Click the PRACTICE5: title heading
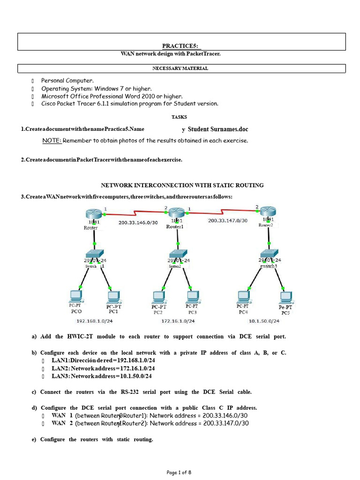(181, 45)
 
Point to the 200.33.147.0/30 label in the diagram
(228, 221)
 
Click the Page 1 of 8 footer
(179, 472)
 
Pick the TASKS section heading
(179, 117)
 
